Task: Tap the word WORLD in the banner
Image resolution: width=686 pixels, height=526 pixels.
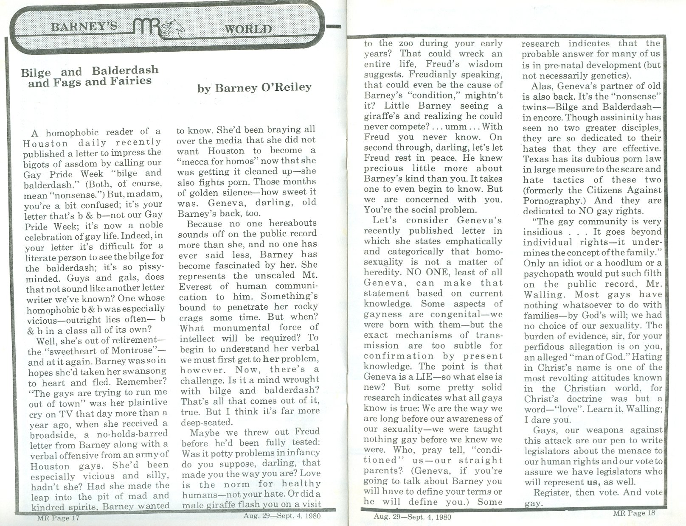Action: [248, 29]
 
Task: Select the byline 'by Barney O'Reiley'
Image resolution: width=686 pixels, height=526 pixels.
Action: [255, 88]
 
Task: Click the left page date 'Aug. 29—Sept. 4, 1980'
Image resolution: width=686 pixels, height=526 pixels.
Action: [282, 516]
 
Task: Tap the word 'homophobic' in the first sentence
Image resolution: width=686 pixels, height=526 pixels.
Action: [69, 132]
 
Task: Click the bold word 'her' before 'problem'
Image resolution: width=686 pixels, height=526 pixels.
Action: [270, 358]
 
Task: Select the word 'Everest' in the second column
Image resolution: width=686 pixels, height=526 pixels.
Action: [196, 286]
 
